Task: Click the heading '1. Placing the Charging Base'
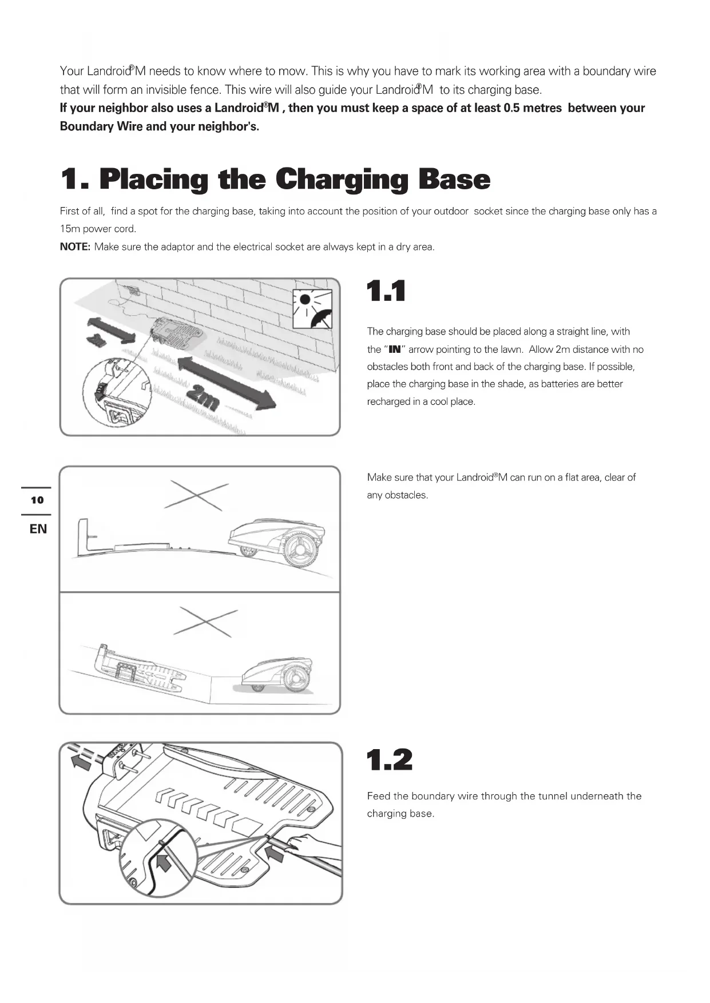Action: click(275, 180)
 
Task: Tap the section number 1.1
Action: click(386, 291)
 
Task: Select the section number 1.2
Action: click(389, 760)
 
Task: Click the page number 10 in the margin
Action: click(37, 500)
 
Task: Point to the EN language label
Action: click(38, 529)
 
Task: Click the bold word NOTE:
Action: click(75, 247)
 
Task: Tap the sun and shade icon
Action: click(312, 309)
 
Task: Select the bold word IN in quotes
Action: click(395, 349)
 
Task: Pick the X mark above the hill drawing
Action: click(196, 495)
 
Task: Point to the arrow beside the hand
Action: click(274, 854)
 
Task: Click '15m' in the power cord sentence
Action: click(70, 229)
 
